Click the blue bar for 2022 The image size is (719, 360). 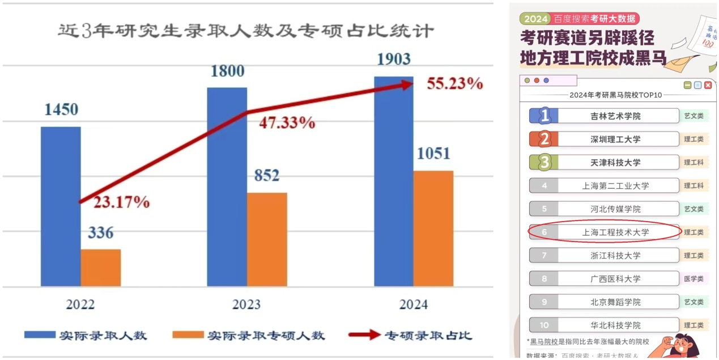pyautogui.click(x=61, y=206)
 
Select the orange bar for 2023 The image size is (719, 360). pyautogui.click(x=267, y=239)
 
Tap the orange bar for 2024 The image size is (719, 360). pyautogui.click(x=433, y=228)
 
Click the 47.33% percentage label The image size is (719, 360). pyautogui.click(x=287, y=123)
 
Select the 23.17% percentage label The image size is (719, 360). pyautogui.click(x=121, y=202)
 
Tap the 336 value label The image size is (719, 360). pyautogui.click(x=101, y=233)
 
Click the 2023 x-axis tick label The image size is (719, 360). pyautogui.click(x=246, y=304)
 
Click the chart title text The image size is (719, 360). pyautogui.click(x=246, y=31)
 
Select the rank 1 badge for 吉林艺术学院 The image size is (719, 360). pyautogui.click(x=544, y=116)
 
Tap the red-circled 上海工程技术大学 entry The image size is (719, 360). pyautogui.click(x=605, y=232)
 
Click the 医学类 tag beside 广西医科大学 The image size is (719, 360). pyautogui.click(x=694, y=279)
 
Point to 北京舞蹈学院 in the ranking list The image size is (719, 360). pyautogui.click(x=615, y=302)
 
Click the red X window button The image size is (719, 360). pyautogui.click(x=708, y=85)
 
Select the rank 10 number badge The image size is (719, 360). pyautogui.click(x=544, y=325)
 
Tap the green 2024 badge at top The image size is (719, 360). pyautogui.click(x=535, y=19)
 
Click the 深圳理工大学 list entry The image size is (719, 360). pyautogui.click(x=615, y=139)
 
